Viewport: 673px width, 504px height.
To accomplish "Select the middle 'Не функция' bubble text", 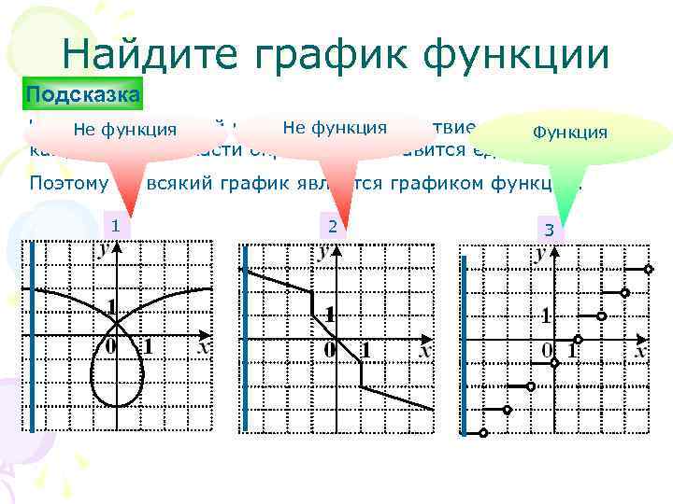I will point(335,127).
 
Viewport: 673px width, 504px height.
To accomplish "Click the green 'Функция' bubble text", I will point(569,133).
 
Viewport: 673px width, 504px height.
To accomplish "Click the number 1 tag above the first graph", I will point(114,225).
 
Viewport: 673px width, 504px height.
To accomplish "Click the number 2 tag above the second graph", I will point(330,226).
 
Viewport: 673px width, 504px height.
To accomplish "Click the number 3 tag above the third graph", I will point(550,230).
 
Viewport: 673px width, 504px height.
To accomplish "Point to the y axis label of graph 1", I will point(102,248).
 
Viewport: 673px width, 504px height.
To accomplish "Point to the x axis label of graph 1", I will point(202,346).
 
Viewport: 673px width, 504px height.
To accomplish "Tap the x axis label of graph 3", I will point(640,351).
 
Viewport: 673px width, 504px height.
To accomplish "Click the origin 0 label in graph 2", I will point(330,350).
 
